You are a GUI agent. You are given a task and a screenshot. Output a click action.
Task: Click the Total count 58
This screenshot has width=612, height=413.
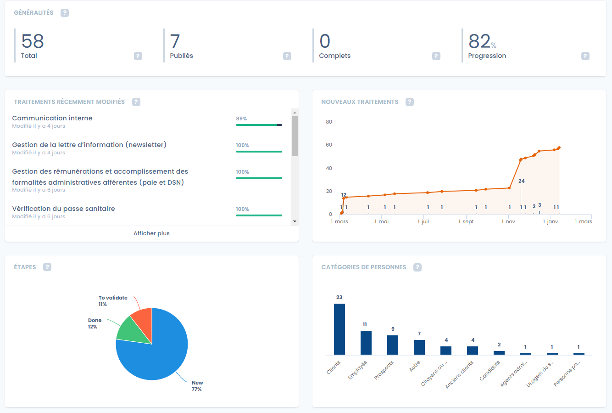pyautogui.click(x=33, y=41)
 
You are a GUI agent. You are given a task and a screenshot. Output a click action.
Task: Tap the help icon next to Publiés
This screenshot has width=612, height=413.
pyautogui.click(x=287, y=56)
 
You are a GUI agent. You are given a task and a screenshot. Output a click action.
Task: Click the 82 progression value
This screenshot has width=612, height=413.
pyautogui.click(x=480, y=41)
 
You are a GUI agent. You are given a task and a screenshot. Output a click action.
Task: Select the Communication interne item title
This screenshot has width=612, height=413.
pyautogui.click(x=52, y=118)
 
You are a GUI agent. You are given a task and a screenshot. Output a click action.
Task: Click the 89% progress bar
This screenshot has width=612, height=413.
pyautogui.click(x=259, y=124)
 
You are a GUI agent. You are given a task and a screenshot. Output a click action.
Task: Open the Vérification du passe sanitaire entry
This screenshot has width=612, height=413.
pyautogui.click(x=63, y=209)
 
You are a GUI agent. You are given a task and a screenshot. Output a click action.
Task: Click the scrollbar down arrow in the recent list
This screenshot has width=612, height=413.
pyautogui.click(x=295, y=221)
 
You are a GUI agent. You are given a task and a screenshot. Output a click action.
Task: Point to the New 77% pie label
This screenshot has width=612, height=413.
pyautogui.click(x=197, y=386)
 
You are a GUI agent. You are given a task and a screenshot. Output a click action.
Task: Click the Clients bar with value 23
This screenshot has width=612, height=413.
pyautogui.click(x=339, y=329)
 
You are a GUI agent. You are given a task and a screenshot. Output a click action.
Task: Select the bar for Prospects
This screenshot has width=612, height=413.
pyautogui.click(x=393, y=345)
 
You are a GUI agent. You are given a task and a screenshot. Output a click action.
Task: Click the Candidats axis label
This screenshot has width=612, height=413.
pyautogui.click(x=490, y=371)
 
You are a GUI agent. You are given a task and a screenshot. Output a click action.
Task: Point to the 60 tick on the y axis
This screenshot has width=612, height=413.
pyautogui.click(x=329, y=145)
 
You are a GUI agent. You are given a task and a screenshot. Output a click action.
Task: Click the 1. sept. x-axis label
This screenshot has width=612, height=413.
pyautogui.click(x=467, y=221)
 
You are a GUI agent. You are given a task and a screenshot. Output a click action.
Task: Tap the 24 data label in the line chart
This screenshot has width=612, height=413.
pyautogui.click(x=522, y=181)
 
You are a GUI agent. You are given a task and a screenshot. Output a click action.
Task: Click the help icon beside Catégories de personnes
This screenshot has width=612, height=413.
pyautogui.click(x=417, y=267)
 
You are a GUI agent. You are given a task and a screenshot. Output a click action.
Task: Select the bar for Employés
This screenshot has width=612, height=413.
pyautogui.click(x=366, y=342)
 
